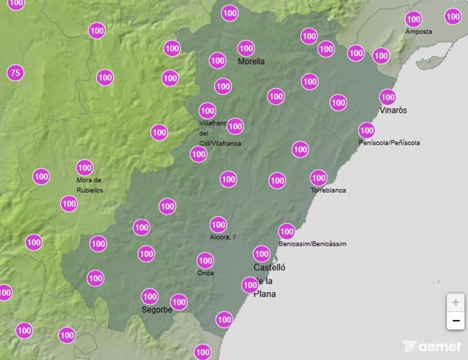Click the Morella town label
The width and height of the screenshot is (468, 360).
pos(251,61)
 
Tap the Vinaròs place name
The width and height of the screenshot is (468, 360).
pos(393,110)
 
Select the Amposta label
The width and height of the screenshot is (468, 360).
pos(418,32)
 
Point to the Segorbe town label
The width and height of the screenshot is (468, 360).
pos(157,310)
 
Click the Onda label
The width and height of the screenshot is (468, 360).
pos(205,273)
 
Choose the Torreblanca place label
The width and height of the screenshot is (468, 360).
pos(328,190)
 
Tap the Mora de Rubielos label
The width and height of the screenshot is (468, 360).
pos(90,185)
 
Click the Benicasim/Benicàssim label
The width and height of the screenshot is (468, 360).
pos(312,244)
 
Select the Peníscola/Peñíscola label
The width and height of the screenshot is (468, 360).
pos(389,143)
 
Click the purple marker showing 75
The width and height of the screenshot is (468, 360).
pos(15,73)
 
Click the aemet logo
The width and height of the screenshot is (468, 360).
pos(431,346)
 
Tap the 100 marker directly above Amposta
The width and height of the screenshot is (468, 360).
pos(413,19)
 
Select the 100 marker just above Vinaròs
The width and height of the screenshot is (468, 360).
pos(388,97)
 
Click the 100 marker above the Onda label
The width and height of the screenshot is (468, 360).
pos(205,261)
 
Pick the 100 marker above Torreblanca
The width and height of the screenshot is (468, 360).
pos(319,178)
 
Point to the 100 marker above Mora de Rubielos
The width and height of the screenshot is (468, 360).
pos(85,168)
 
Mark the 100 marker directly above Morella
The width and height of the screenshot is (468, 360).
pos(246,49)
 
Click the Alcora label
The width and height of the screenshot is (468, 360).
pos(222,237)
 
